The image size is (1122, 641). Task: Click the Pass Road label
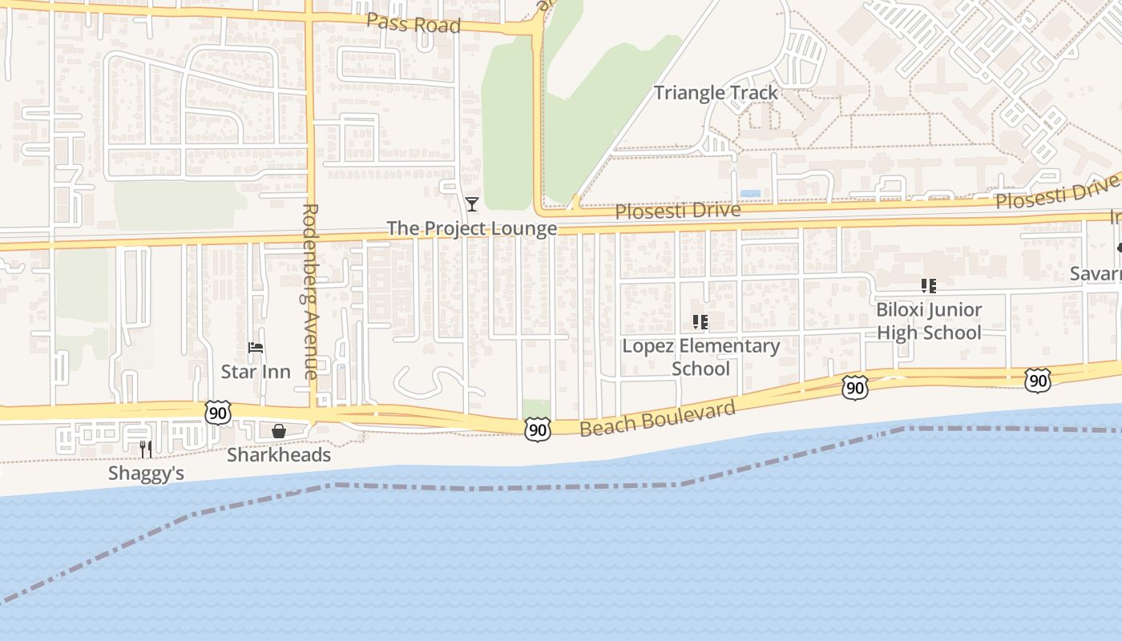tap(414, 23)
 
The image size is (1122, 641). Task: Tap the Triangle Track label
tap(716, 93)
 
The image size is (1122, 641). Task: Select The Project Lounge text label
tap(471, 228)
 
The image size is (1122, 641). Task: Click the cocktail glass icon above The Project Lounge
tap(472, 204)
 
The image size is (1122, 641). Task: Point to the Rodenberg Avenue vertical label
tap(311, 291)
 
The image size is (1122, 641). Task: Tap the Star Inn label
tap(256, 372)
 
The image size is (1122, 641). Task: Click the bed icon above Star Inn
tap(256, 348)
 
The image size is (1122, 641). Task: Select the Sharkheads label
tap(279, 455)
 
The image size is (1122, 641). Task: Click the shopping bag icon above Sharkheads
tap(279, 432)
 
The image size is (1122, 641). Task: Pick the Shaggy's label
tap(146, 474)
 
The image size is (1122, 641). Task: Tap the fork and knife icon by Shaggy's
tap(146, 449)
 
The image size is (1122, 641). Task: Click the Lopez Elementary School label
tap(701, 357)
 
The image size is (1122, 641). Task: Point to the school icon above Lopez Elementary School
tap(700, 322)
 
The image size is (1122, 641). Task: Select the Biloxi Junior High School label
tap(928, 320)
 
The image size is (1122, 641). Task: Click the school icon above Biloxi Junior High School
tap(928, 286)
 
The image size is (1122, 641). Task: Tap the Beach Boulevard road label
tap(657, 418)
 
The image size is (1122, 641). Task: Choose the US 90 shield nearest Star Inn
tap(217, 413)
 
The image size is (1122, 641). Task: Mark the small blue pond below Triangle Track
tap(750, 194)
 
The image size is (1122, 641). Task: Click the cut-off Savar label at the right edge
tap(1096, 274)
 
